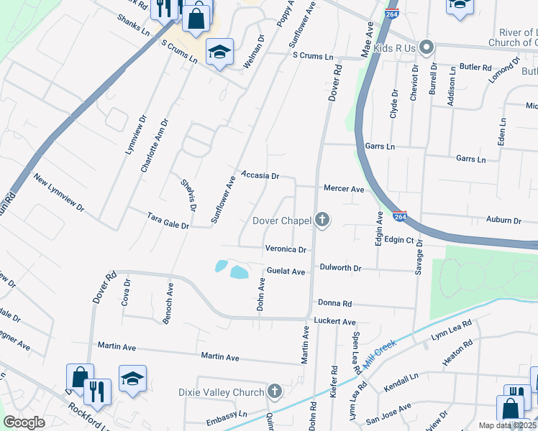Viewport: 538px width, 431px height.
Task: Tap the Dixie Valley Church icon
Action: (x=273, y=391)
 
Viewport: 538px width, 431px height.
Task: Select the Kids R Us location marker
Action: (x=427, y=48)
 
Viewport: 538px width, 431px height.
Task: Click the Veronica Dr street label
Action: (x=286, y=249)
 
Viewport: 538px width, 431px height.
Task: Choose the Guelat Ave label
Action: (x=286, y=272)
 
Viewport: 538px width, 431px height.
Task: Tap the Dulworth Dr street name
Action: (x=341, y=267)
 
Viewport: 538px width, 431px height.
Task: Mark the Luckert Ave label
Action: (x=334, y=321)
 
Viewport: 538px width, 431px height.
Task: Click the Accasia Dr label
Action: (x=260, y=175)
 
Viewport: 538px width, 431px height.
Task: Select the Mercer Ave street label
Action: (x=344, y=189)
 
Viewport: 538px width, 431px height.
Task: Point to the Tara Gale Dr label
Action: (x=168, y=221)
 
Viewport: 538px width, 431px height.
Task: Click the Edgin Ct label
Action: (x=399, y=240)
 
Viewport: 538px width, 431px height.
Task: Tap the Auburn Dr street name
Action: (x=503, y=220)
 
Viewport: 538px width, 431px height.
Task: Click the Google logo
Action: (x=24, y=422)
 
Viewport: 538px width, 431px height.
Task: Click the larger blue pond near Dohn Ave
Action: (x=239, y=272)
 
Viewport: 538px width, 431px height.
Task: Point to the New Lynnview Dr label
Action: (x=59, y=194)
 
